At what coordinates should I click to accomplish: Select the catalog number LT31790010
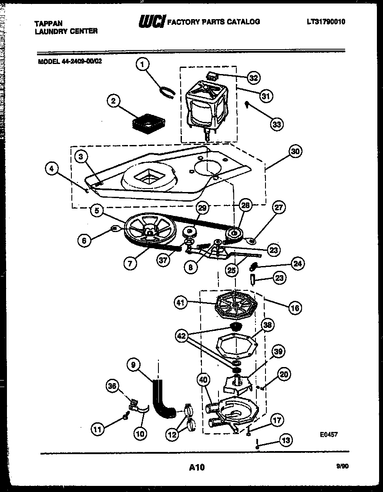[x=326, y=22]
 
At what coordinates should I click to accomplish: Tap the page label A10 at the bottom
[x=197, y=468]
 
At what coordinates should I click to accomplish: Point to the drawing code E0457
[x=329, y=434]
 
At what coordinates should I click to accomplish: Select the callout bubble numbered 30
[x=295, y=152]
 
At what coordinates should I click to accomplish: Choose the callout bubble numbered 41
[x=181, y=303]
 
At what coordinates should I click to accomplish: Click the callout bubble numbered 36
[x=113, y=386]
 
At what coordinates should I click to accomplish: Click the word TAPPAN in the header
[x=49, y=24]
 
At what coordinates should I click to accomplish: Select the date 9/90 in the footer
[x=343, y=466]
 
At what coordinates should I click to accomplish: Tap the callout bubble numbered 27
[x=279, y=208]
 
